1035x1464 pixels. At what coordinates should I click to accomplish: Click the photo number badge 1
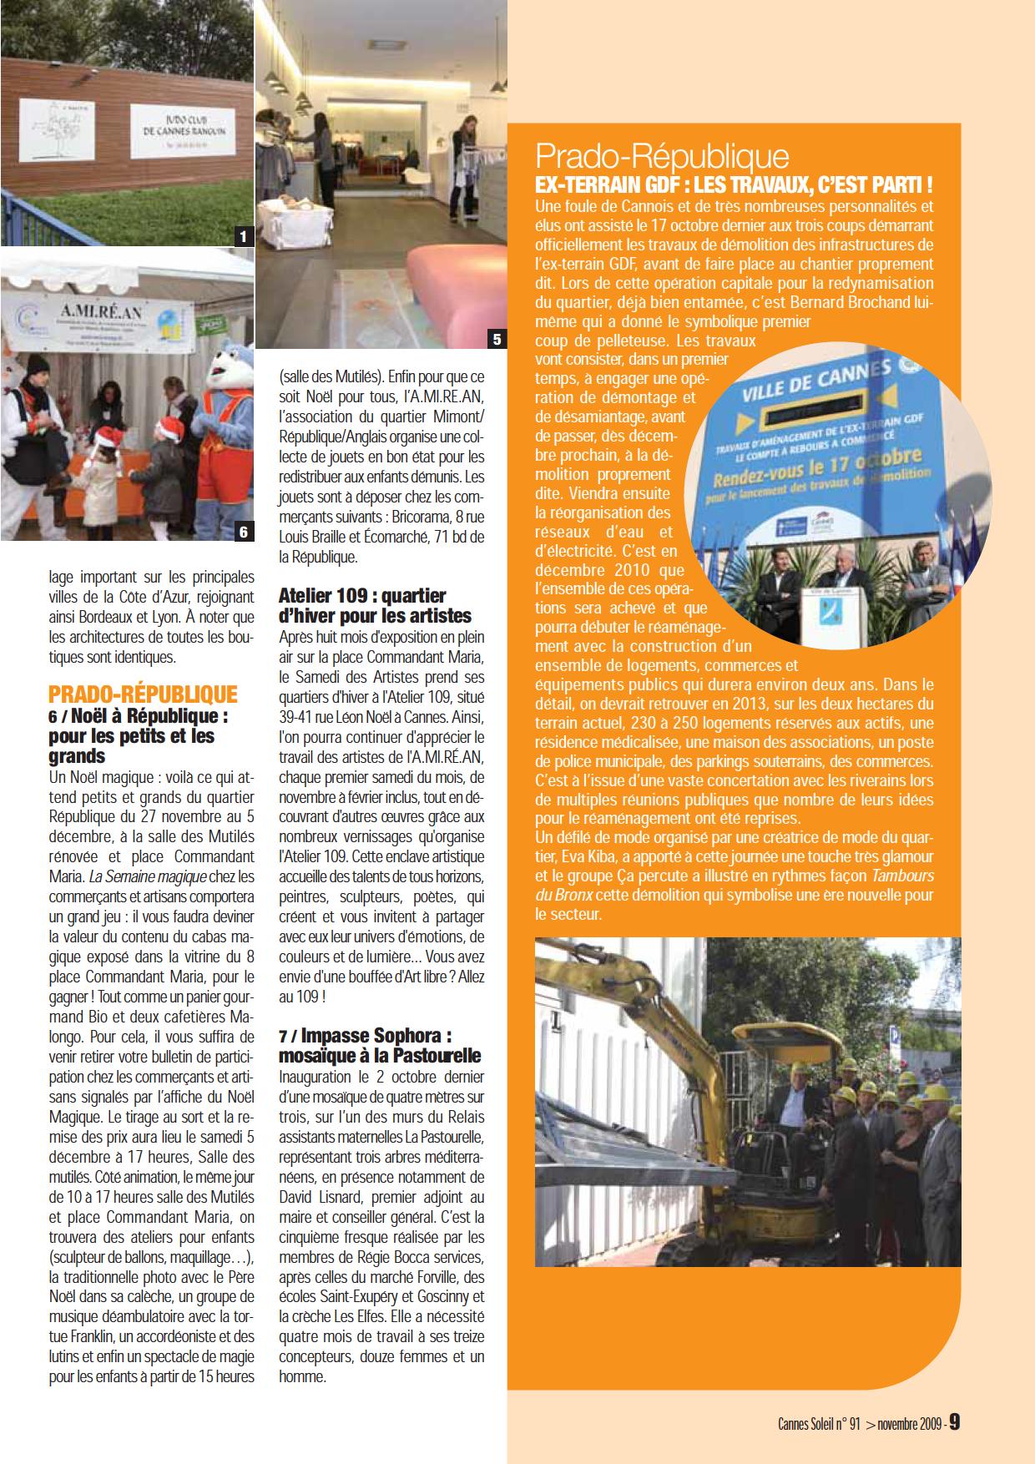[243, 236]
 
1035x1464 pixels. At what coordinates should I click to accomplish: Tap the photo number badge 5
[497, 338]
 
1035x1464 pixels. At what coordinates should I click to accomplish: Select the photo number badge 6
[243, 531]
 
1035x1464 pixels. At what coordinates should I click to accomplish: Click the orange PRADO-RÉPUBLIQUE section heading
[143, 695]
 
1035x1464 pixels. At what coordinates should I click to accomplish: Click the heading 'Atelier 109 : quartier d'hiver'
[375, 606]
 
